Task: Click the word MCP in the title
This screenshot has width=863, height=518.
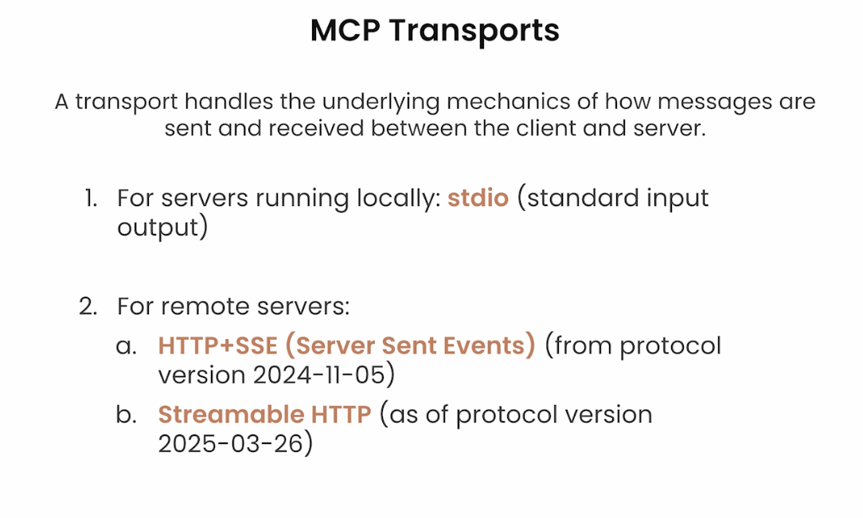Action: click(345, 30)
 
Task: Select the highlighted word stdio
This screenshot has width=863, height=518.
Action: click(478, 198)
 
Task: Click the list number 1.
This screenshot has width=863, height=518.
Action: click(91, 198)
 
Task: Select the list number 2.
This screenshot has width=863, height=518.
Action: click(88, 306)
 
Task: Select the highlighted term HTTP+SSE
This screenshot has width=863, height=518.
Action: click(218, 345)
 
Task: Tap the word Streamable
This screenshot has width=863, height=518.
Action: click(231, 414)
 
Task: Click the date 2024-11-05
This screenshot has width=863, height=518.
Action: click(318, 375)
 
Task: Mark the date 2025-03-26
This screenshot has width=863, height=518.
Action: click(231, 443)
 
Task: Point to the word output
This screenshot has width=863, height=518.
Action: click(158, 227)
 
